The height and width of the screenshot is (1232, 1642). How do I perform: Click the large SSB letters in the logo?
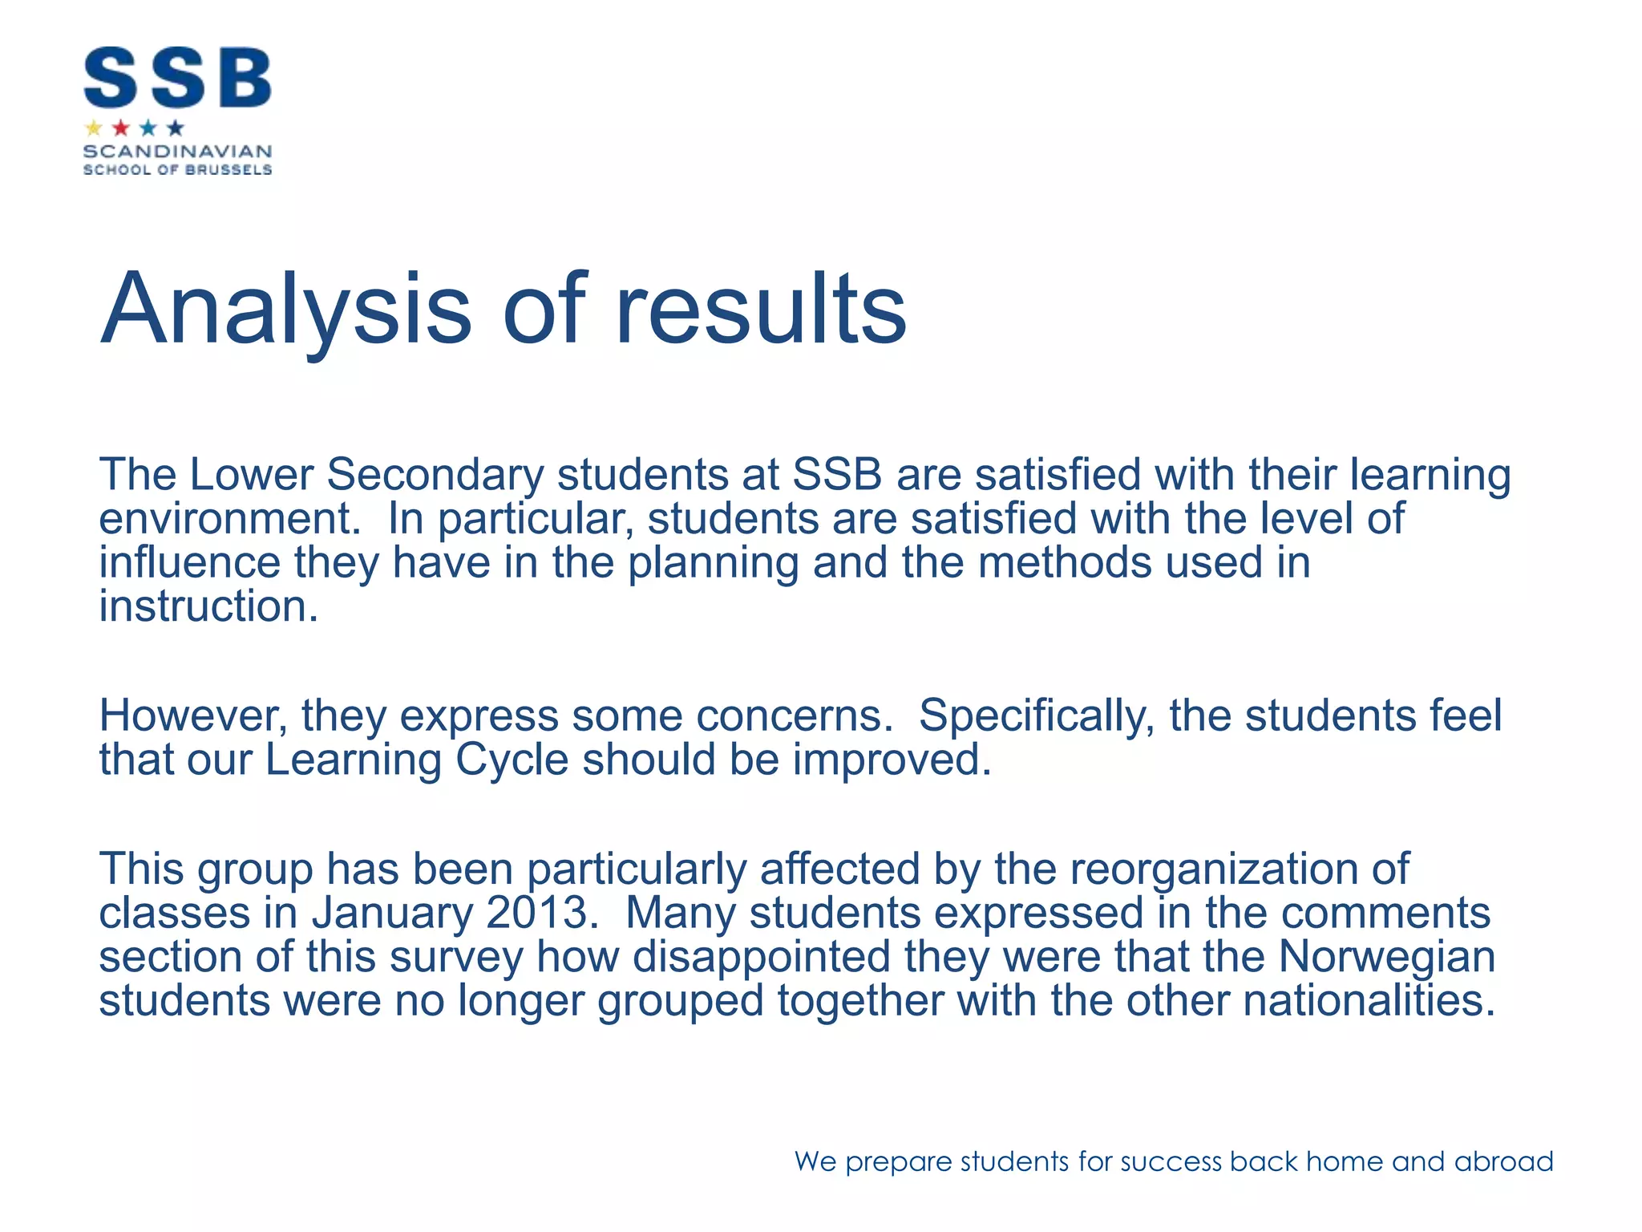(x=177, y=78)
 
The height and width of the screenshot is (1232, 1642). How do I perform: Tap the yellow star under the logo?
(x=94, y=128)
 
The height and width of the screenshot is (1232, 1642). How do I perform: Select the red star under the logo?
(x=121, y=128)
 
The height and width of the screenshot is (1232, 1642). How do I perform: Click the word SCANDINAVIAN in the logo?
(x=177, y=152)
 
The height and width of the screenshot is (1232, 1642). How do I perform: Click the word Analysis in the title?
(x=285, y=310)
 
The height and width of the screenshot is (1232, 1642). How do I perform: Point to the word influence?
(x=189, y=562)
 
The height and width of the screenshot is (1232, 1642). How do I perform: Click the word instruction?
(x=208, y=606)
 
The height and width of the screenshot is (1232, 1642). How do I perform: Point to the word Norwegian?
(x=1386, y=957)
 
